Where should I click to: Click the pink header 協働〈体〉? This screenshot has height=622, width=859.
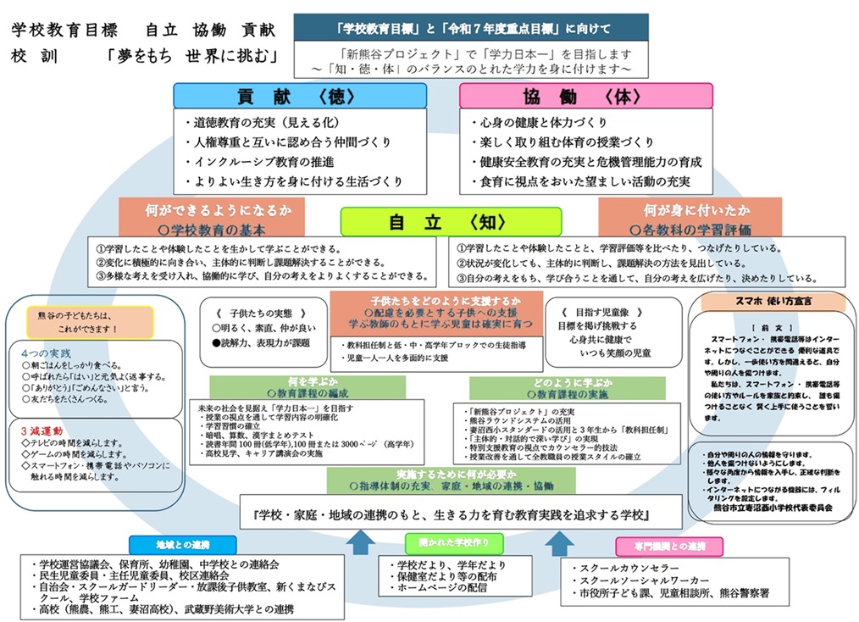(585, 96)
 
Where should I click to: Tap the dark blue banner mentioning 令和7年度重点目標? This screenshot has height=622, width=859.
(471, 28)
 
